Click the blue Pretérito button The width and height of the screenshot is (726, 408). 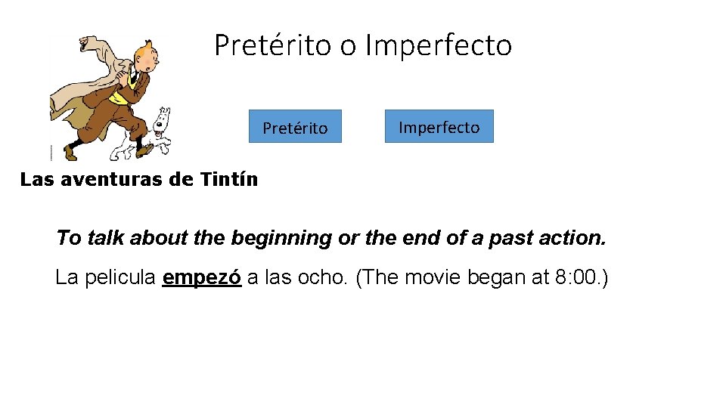[x=295, y=127]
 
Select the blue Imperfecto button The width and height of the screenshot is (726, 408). [x=439, y=126]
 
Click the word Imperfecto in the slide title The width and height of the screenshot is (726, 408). [x=438, y=45]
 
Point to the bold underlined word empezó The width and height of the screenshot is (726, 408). [x=202, y=278]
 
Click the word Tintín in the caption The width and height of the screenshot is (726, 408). [x=229, y=180]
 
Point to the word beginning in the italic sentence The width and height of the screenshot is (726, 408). [x=281, y=239]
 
